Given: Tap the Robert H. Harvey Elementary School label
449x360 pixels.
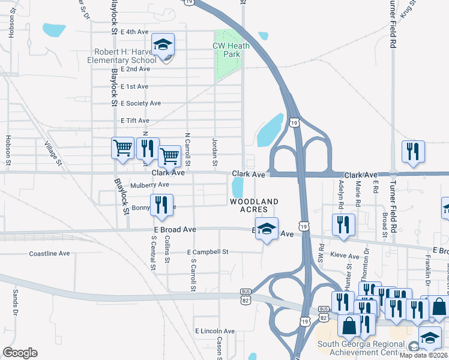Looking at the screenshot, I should [x=122, y=56].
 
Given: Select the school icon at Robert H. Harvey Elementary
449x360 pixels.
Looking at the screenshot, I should [x=162, y=44].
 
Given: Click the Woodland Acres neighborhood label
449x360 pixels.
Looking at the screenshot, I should [x=254, y=205].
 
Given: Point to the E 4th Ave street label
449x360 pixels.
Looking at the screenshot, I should [x=134, y=32].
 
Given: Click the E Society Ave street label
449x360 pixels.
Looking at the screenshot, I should [x=140, y=103].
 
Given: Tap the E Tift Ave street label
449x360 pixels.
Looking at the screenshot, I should [x=134, y=121].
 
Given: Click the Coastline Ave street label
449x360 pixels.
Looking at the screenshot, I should [x=50, y=254].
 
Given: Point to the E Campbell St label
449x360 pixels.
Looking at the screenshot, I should [x=208, y=252].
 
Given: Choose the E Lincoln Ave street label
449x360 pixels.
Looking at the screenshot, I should [x=214, y=331].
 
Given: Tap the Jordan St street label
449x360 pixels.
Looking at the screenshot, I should [x=214, y=151].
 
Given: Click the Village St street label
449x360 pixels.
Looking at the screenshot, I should [x=53, y=153].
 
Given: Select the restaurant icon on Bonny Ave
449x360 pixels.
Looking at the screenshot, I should [x=161, y=205].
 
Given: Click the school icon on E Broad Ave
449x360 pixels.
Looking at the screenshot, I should [x=267, y=228].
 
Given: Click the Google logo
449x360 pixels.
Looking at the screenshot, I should [x=20, y=353].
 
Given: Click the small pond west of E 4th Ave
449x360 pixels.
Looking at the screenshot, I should [x=53, y=29].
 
